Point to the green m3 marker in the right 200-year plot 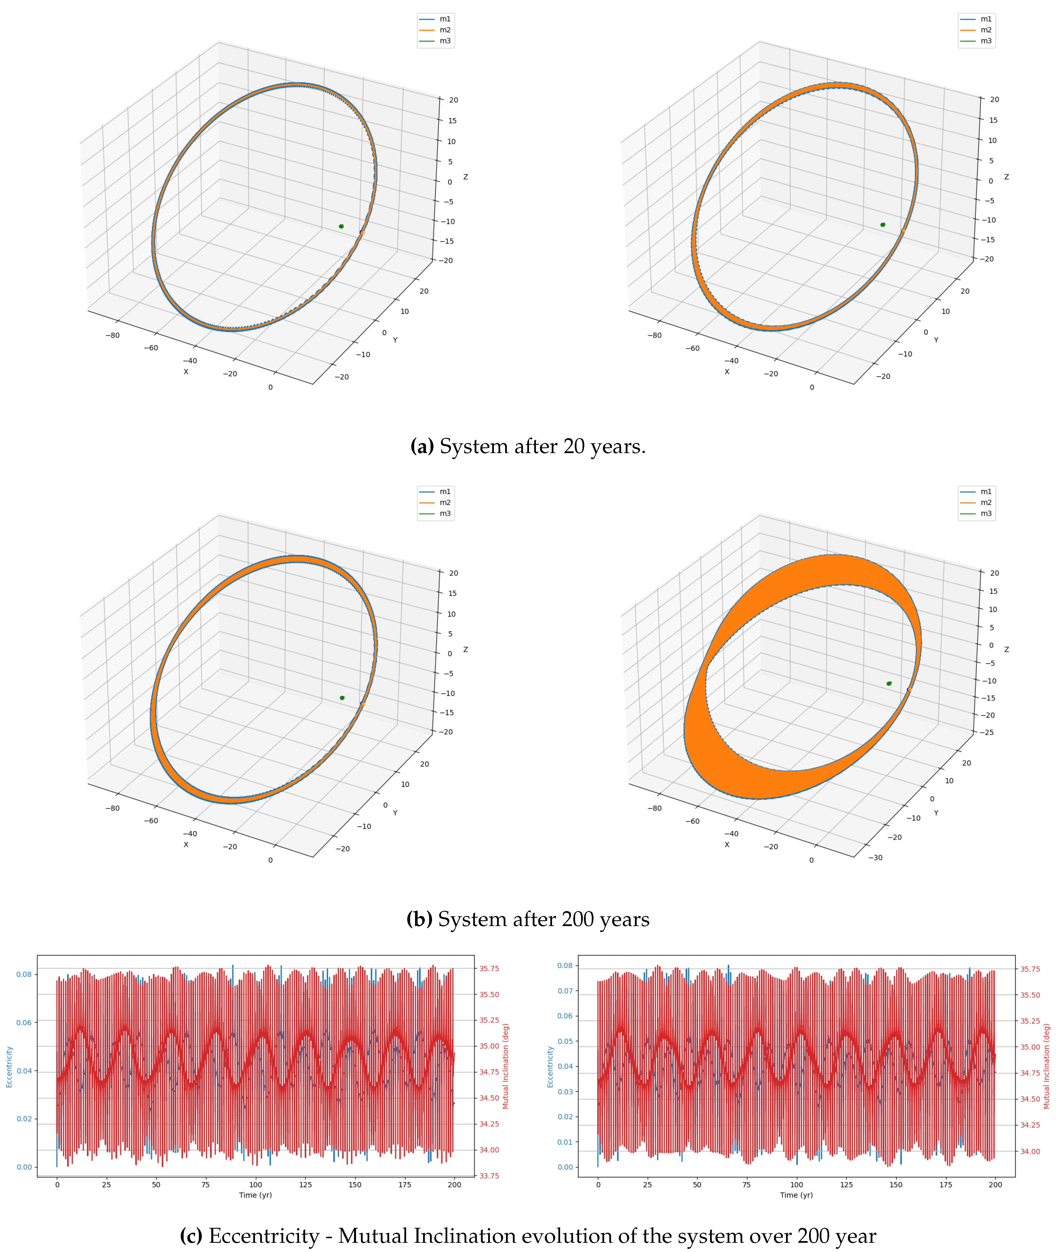coord(889,684)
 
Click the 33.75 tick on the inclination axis coord(489,1175)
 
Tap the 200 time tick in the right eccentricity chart coord(995,1184)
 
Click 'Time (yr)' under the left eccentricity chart coord(256,1195)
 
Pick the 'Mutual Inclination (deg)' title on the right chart coord(1047,1066)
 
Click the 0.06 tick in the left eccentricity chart coord(24,1022)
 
